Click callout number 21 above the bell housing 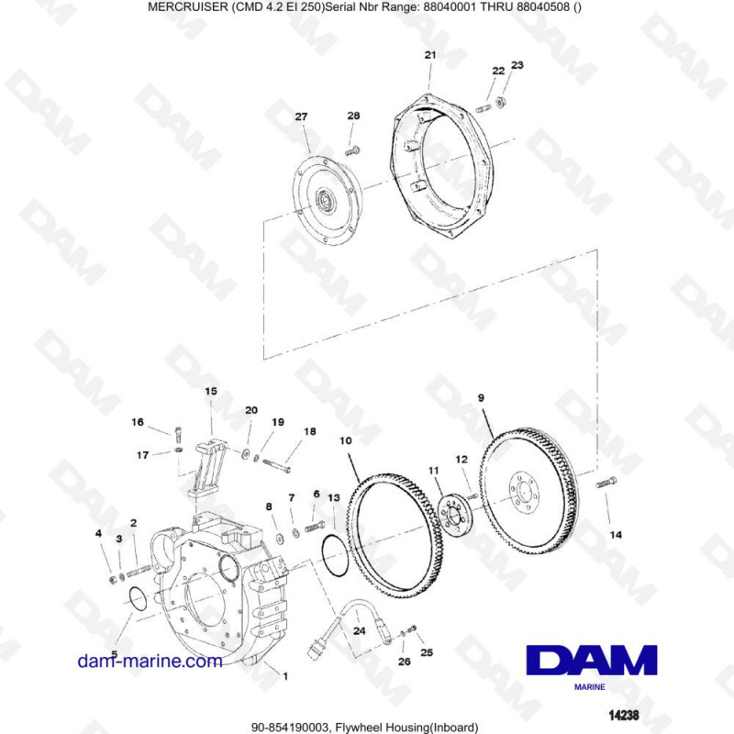pyautogui.click(x=430, y=56)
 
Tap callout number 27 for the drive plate pyautogui.click(x=301, y=117)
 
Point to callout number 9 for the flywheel pyautogui.click(x=481, y=398)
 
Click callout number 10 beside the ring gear pyautogui.click(x=346, y=441)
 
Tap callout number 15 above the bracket pyautogui.click(x=211, y=392)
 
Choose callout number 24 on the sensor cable pyautogui.click(x=360, y=630)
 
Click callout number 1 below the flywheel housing pyautogui.click(x=285, y=677)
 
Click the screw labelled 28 pyautogui.click(x=352, y=148)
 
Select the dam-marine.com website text pyautogui.click(x=150, y=661)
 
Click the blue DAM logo pyautogui.click(x=592, y=661)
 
